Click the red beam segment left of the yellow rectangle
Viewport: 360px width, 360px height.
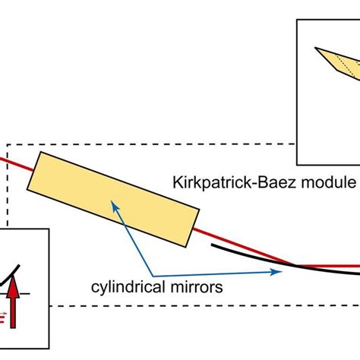coord(17,163)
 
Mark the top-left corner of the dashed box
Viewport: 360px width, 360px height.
coord(7,143)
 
